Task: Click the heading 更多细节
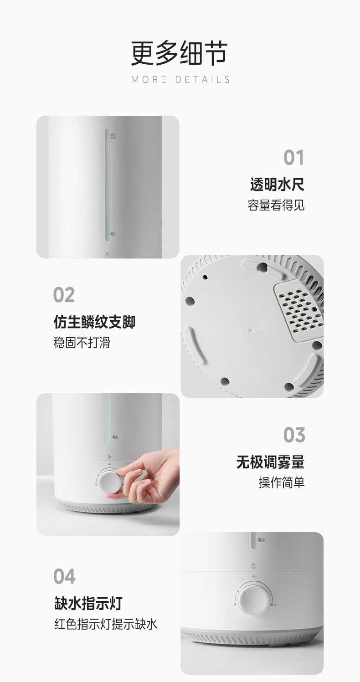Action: point(179,54)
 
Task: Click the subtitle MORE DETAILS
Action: point(180,80)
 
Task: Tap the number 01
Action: point(293,158)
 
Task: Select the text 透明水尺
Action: point(277,185)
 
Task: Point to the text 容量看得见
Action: point(276,205)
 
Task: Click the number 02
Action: point(64,295)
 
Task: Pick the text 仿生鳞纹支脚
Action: point(94,322)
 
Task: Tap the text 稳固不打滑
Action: point(82,343)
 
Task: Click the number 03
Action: point(294,435)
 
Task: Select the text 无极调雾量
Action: point(270,462)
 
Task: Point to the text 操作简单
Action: point(282,482)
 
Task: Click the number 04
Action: point(64,576)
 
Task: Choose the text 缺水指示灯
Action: point(88,604)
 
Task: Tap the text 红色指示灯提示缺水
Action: point(106,624)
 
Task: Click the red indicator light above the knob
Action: point(253,576)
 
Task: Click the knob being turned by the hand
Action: point(109,482)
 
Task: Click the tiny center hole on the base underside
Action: point(250,327)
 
